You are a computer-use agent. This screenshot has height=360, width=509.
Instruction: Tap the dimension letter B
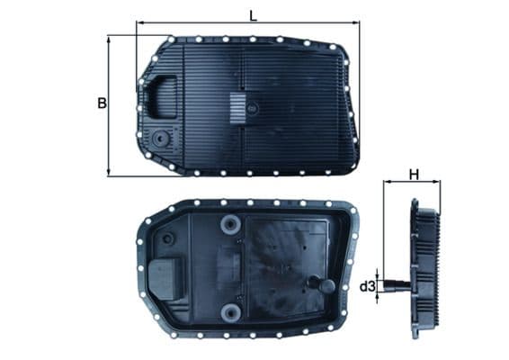click(102, 104)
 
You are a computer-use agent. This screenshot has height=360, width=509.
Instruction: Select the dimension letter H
click(414, 174)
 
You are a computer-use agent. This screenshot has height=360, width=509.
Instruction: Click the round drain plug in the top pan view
click(160, 140)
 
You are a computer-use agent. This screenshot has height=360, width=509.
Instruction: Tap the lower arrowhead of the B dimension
click(109, 173)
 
